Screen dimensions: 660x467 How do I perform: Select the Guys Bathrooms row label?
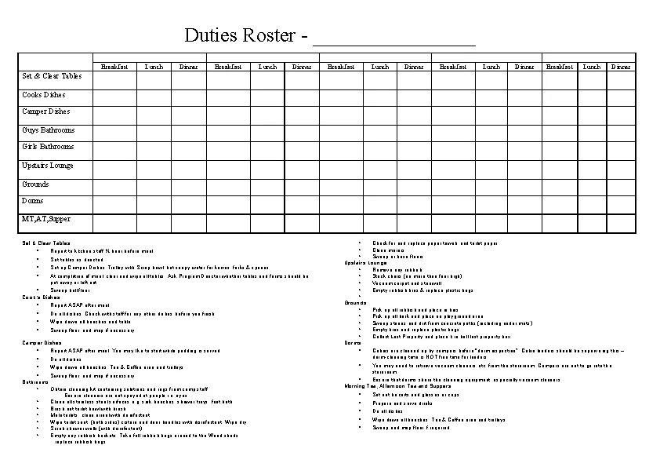pyautogui.click(x=49, y=130)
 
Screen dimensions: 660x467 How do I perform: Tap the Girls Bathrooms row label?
pyautogui.click(x=48, y=147)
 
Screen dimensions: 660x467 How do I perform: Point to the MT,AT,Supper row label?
pyautogui.click(x=46, y=219)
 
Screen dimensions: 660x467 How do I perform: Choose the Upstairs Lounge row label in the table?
pyautogui.click(x=48, y=166)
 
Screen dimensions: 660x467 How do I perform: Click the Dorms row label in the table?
pyautogui.click(x=33, y=201)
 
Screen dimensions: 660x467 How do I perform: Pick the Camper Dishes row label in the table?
pyautogui.click(x=46, y=111)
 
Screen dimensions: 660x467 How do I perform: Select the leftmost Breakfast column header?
pyautogui.click(x=115, y=67)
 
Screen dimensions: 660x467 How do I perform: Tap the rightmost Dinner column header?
pyautogui.click(x=621, y=67)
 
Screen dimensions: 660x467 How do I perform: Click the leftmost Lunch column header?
pyautogui.click(x=154, y=67)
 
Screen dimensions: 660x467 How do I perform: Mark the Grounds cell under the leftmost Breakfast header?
pyautogui.click(x=115, y=184)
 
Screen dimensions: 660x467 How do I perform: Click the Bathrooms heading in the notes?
pyautogui.click(x=35, y=381)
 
